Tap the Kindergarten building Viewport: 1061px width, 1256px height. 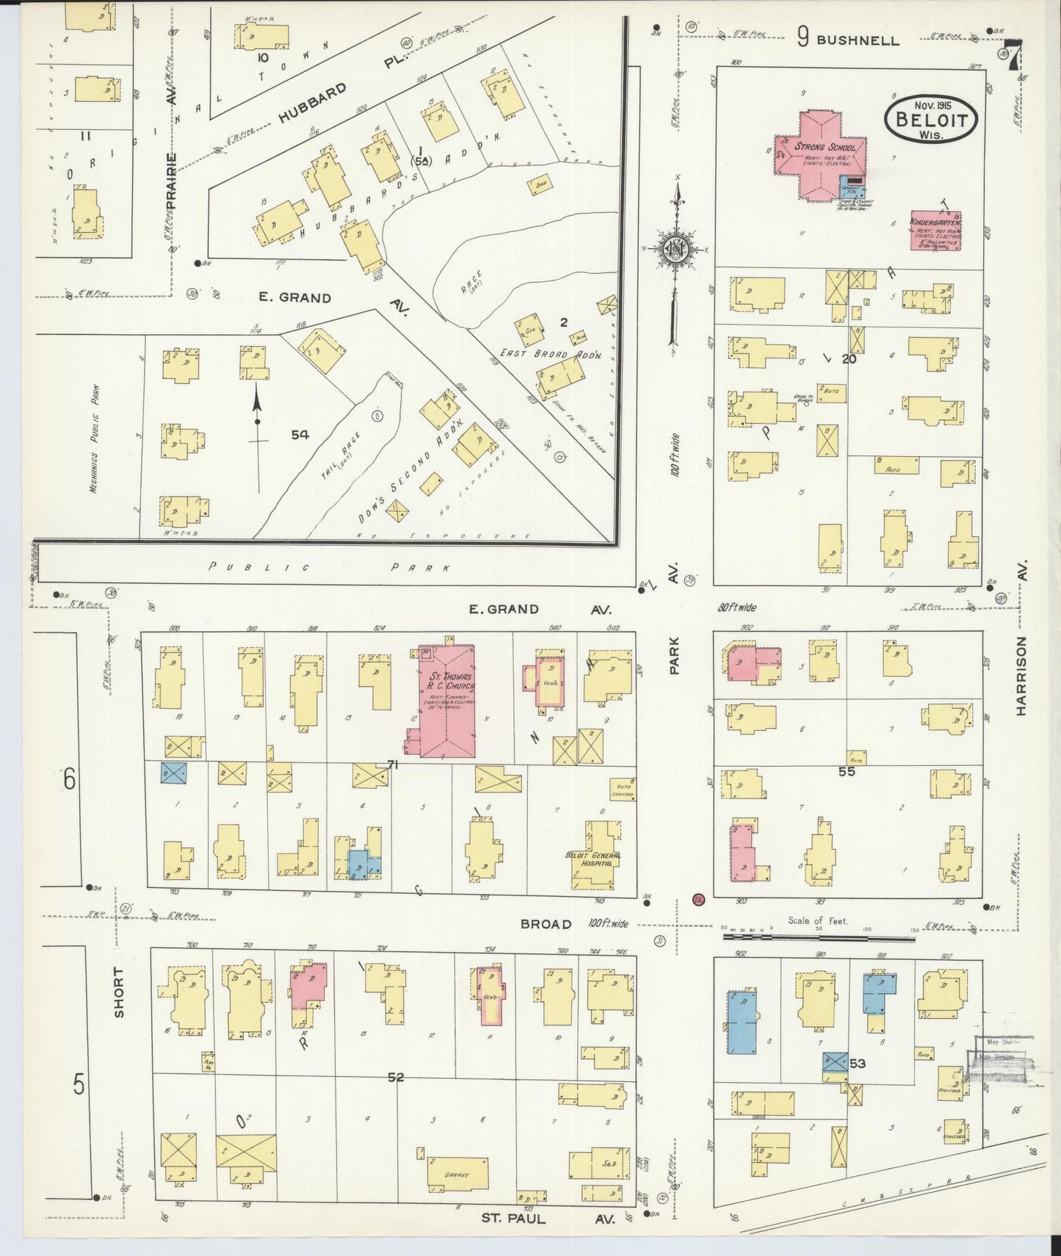pos(935,231)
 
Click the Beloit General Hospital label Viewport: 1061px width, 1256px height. pos(593,860)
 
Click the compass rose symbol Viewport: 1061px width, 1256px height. pos(673,250)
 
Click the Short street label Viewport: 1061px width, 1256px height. pos(120,992)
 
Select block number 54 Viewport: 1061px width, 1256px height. pos(300,435)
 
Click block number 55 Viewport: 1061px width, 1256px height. pos(847,771)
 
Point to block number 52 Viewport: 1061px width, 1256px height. pos(396,1078)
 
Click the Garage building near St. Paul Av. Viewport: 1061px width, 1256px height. pos(457,1174)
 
